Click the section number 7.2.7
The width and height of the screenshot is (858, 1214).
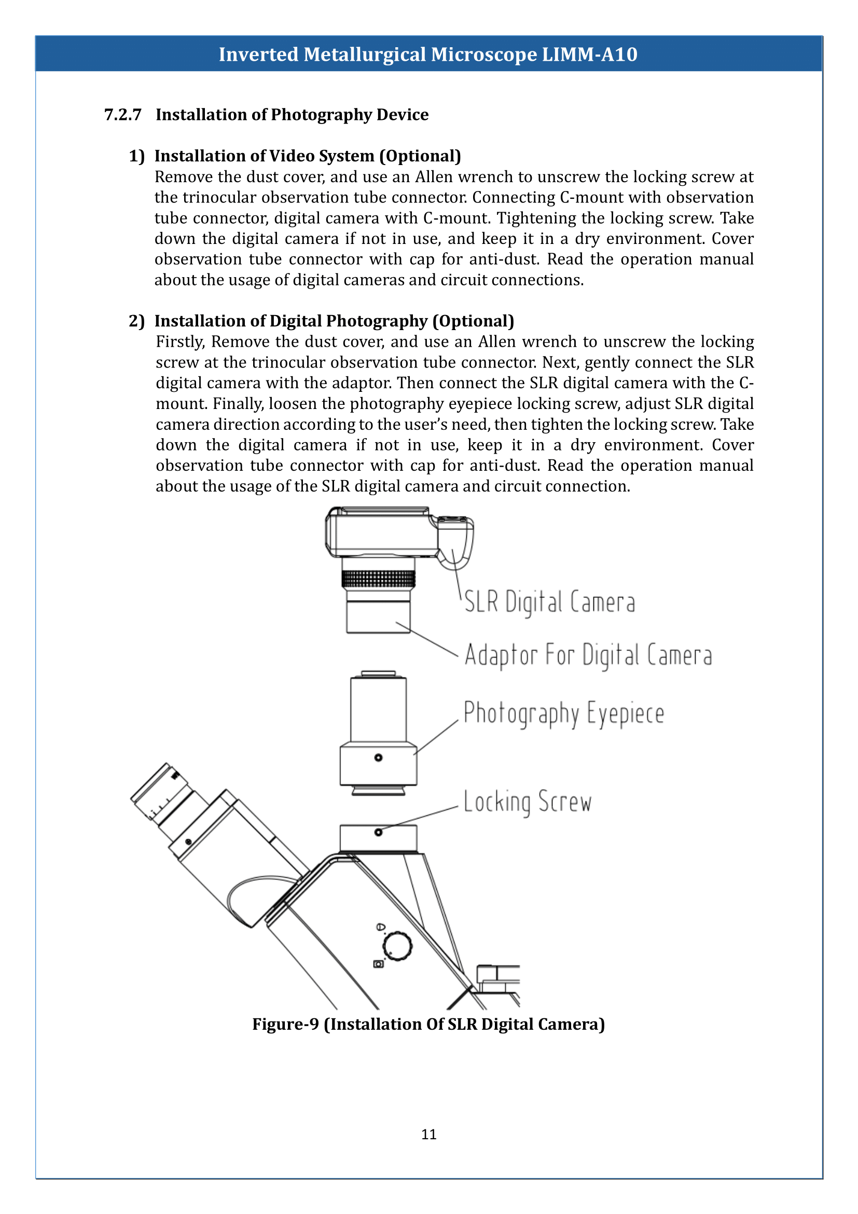[122, 115]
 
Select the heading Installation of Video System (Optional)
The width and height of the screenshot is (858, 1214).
[308, 156]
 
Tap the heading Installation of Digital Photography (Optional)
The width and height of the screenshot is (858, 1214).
[334, 321]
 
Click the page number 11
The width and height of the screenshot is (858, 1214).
[428, 1135]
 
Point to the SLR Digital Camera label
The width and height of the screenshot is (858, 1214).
[549, 602]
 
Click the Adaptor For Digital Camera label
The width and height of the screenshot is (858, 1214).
[588, 655]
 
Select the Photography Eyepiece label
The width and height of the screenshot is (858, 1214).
[564, 713]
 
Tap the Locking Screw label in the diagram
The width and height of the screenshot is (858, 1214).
[527, 802]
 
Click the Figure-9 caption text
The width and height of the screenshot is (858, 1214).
[428, 1024]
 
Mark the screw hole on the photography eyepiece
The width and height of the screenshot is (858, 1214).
[378, 758]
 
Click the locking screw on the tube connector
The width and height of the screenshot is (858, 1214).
[378, 832]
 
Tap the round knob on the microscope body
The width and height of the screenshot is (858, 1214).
[397, 946]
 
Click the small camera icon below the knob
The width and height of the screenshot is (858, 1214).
[378, 964]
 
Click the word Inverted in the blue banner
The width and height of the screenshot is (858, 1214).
[258, 54]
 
